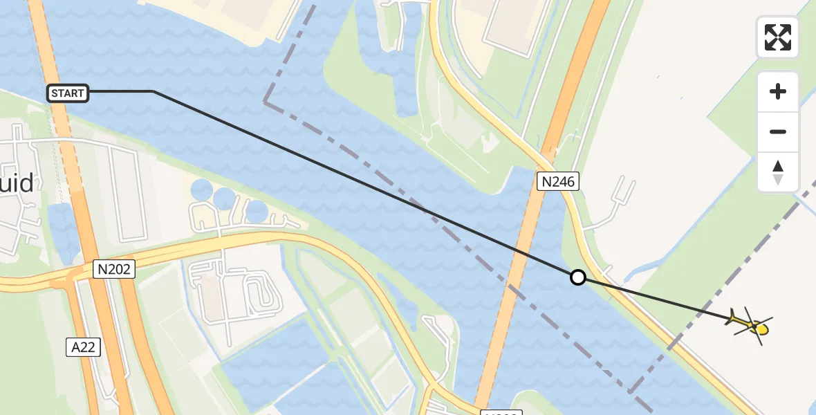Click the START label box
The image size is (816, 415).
coord(68,93)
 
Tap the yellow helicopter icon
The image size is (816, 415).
coord(750,324)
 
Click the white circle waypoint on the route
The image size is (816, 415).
coord(577,277)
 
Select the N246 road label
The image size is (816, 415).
coord(558,182)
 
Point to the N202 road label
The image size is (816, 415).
coord(114,269)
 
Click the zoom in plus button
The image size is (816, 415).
coord(778,91)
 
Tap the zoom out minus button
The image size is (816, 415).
coord(778,131)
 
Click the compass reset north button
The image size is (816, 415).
coord(778,172)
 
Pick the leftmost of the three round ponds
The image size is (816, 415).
coord(202,190)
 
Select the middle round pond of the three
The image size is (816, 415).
coord(225,199)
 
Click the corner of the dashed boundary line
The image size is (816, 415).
coord(265,102)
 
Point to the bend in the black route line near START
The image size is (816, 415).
coord(153,91)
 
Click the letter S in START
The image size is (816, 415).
coord(55,93)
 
